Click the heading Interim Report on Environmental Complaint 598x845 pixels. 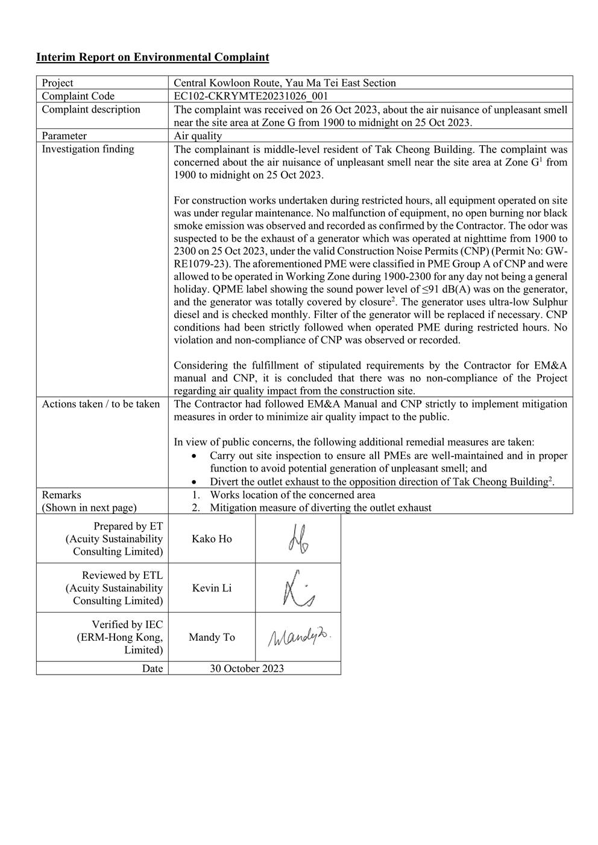(x=153, y=58)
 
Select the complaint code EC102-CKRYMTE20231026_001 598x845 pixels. (x=251, y=96)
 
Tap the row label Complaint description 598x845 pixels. (x=91, y=110)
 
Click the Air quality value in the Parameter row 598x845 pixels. (x=198, y=136)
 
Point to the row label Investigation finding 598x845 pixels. (x=88, y=149)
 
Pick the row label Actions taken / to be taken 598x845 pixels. (x=101, y=404)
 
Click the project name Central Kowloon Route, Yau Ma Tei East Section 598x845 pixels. (x=285, y=83)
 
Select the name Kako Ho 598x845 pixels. (x=212, y=539)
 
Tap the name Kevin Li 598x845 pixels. (x=212, y=588)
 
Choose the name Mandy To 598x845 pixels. (x=212, y=637)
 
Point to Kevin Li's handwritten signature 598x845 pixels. (x=298, y=588)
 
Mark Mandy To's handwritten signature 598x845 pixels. (x=299, y=637)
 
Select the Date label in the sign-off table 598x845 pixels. (x=153, y=669)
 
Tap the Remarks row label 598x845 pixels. (x=61, y=495)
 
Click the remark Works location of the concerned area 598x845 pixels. (x=292, y=495)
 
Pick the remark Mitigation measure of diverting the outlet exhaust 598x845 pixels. (x=320, y=508)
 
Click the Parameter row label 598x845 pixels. (x=65, y=136)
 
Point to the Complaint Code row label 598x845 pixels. (x=78, y=96)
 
